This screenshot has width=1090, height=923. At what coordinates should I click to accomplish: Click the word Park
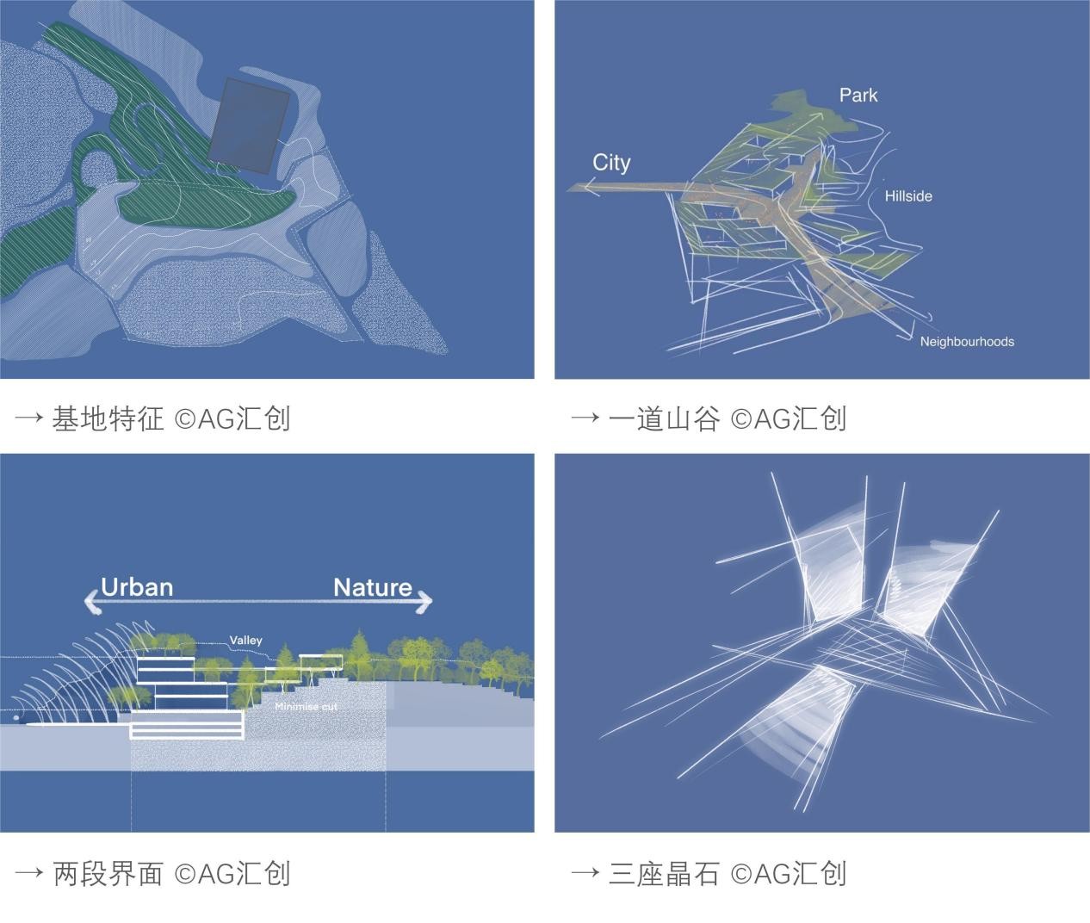click(858, 95)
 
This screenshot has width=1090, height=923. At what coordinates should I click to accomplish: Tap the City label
click(611, 163)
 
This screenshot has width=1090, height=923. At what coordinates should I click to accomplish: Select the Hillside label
click(908, 196)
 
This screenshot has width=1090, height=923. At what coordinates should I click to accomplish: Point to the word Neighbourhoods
click(967, 342)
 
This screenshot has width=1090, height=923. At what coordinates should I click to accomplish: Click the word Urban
click(137, 587)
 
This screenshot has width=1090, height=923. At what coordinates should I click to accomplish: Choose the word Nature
click(373, 587)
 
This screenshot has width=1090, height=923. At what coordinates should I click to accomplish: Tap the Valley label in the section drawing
click(245, 641)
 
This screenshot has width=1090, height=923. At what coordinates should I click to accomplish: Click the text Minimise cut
click(306, 707)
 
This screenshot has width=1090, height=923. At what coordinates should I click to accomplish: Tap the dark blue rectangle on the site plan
click(251, 126)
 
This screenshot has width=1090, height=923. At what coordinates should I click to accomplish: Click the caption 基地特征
click(108, 418)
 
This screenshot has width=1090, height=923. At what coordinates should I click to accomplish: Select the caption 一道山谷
click(664, 418)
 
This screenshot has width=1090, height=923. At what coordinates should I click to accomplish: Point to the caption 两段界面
click(108, 874)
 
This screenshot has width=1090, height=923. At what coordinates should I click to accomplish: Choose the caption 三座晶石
click(664, 874)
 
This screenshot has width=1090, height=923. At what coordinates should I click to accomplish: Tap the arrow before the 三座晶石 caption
click(585, 874)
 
